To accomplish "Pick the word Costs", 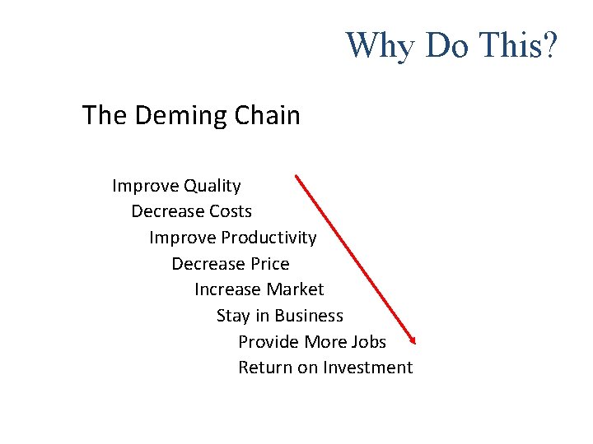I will click(x=230, y=212).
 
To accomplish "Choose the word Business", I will click(x=309, y=316).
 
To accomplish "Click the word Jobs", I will click(x=367, y=341).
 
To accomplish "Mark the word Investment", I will click(x=367, y=368).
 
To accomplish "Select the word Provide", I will click(x=268, y=341).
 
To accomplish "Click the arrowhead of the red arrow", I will click(x=413, y=340).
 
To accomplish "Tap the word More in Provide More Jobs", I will click(x=325, y=341).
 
